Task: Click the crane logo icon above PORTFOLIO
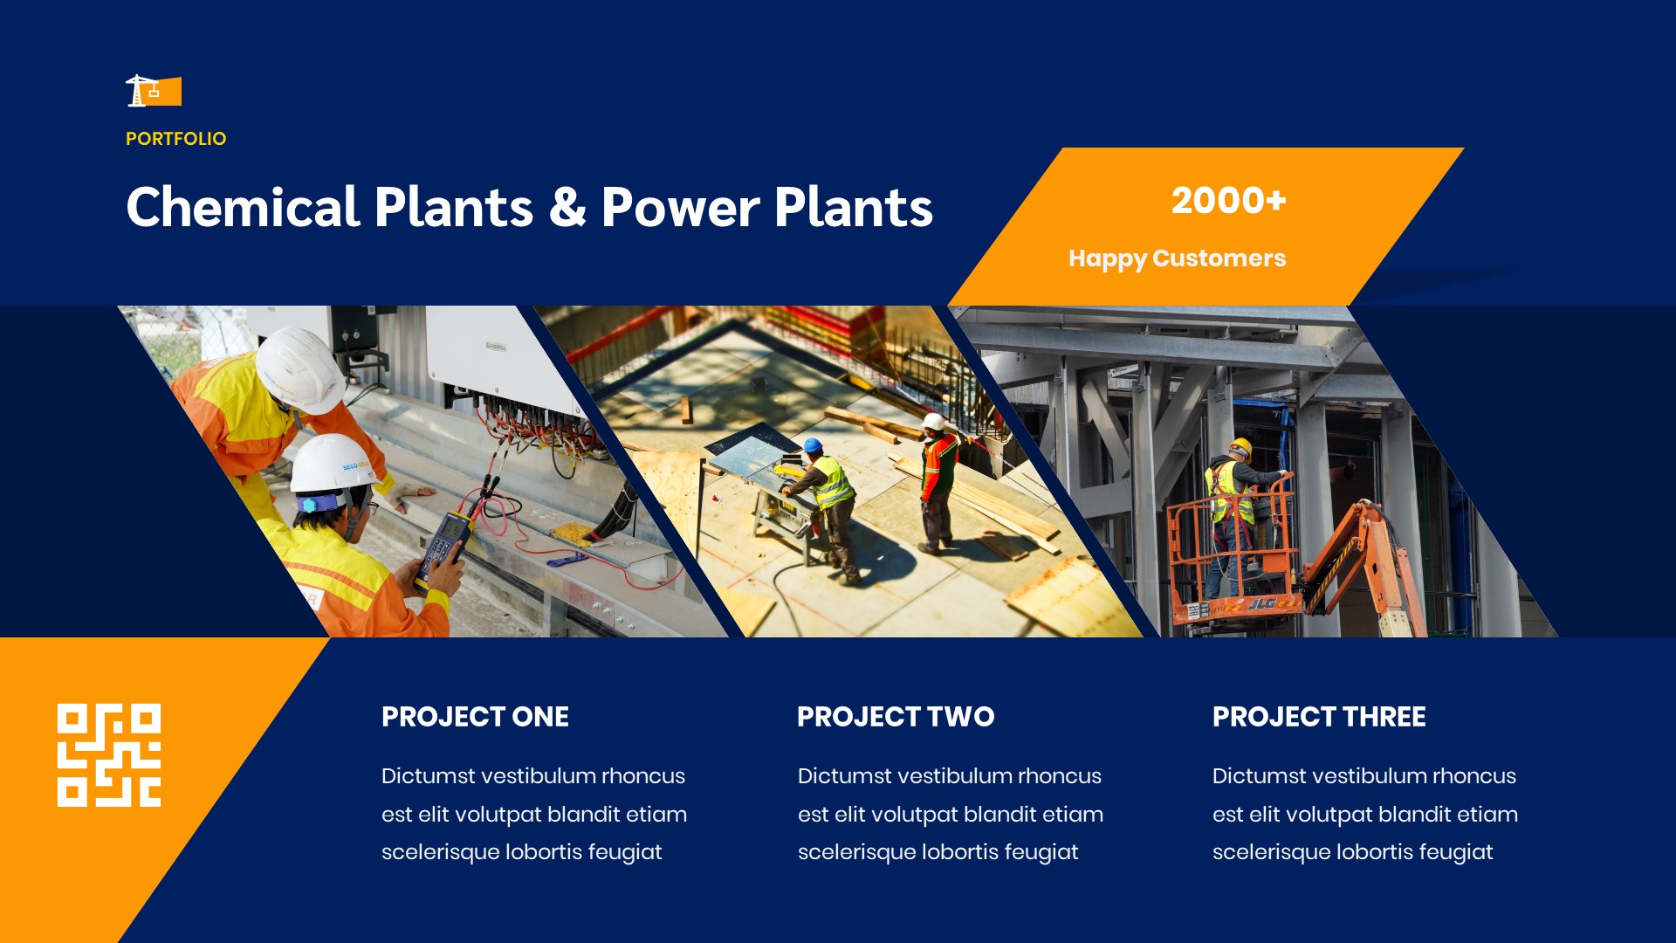tap(153, 91)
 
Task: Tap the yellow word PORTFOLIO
tap(175, 139)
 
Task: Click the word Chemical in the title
tap(243, 208)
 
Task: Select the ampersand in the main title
tap(567, 208)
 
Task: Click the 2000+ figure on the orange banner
tap(1228, 200)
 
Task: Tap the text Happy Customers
tap(1177, 258)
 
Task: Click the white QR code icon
tap(109, 755)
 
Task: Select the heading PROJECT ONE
tap(475, 717)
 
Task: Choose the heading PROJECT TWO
tap(895, 717)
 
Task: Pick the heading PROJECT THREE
tap(1318, 717)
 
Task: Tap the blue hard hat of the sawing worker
tap(813, 445)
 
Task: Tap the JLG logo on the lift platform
tap(1261, 603)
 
